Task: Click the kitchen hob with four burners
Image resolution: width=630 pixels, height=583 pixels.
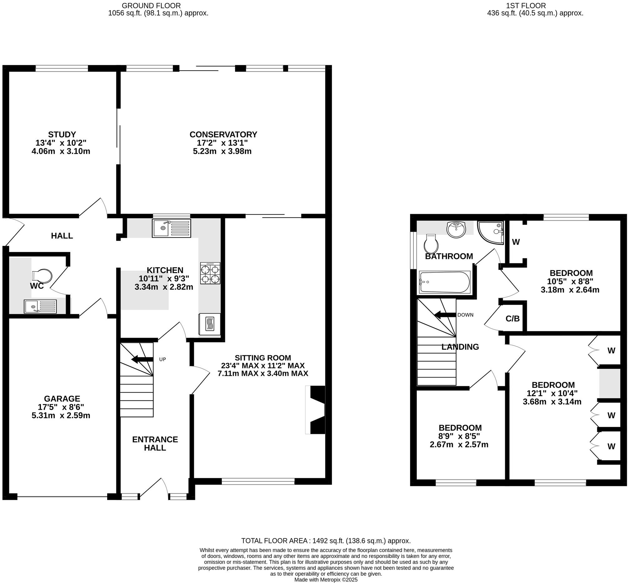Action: [x=210, y=274]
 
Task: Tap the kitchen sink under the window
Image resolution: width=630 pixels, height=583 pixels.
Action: [x=172, y=228]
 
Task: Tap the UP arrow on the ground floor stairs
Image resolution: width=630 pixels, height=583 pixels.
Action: [x=142, y=359]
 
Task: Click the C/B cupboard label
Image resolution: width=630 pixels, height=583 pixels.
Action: [x=512, y=319]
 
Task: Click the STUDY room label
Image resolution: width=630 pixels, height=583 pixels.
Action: [x=62, y=134]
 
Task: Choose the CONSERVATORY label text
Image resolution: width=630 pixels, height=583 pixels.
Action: [x=223, y=134]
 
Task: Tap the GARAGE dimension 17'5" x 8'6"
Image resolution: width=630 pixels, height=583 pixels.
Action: [x=61, y=407]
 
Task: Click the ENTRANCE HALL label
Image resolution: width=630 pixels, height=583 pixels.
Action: [x=155, y=444]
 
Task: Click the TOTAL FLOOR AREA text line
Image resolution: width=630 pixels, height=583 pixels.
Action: [x=326, y=541]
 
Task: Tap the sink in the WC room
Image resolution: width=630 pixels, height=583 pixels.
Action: [x=40, y=306]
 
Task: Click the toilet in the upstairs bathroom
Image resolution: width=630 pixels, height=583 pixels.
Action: [x=431, y=244]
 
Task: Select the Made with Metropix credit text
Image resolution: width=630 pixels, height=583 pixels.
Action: [x=326, y=580]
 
